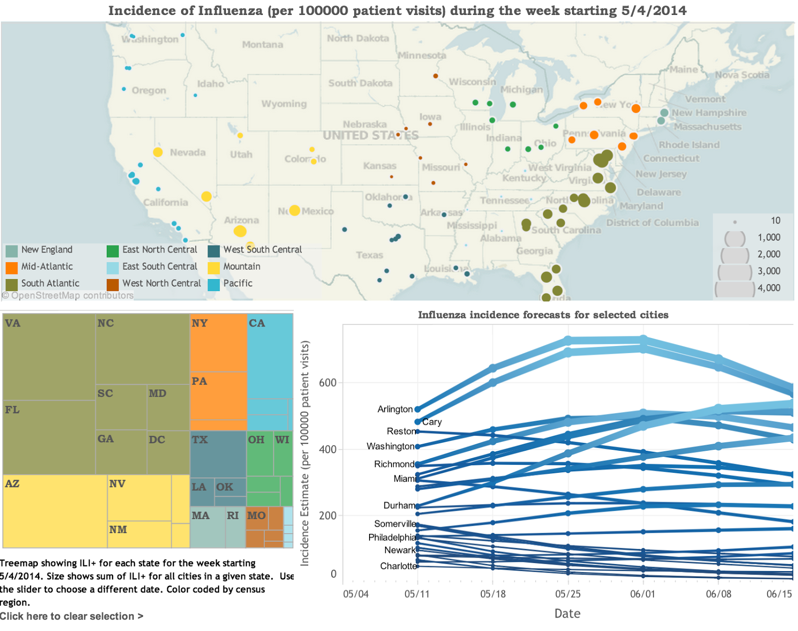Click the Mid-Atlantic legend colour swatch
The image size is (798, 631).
coord(12,268)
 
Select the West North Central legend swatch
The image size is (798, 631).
coord(113,285)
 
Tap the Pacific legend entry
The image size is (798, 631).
coord(237,283)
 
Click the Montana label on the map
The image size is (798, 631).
coord(262,45)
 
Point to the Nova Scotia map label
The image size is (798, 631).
coord(742,75)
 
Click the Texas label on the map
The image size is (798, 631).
coord(370,255)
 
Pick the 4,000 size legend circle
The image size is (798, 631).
coord(735,289)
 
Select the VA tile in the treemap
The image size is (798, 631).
coord(49,356)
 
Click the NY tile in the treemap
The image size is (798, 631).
coord(218,342)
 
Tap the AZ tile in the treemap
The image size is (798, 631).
coord(55,511)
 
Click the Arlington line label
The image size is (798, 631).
coord(395,409)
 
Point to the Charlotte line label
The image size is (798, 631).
coord(398,566)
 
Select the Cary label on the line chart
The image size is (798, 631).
coord(432,422)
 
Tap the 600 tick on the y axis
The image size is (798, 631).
coord(328,383)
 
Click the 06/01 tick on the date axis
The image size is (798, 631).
coord(642,594)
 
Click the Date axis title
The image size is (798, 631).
coord(567,614)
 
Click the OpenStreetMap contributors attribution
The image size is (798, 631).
coord(68,296)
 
